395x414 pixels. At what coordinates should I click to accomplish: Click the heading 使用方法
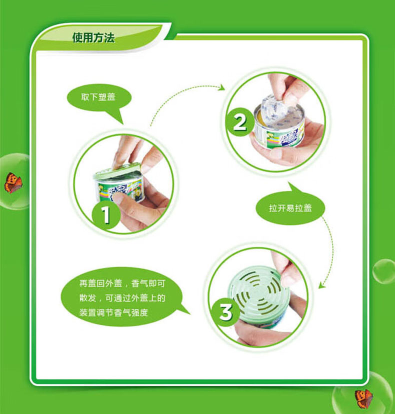tap(93, 38)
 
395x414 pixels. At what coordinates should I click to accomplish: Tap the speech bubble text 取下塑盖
tap(98, 97)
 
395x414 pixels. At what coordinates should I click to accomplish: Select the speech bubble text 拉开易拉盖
tap(290, 208)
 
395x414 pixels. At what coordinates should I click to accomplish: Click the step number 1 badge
tap(106, 214)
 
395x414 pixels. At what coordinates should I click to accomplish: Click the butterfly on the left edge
tap(12, 182)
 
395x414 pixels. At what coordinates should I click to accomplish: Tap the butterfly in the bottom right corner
tap(363, 398)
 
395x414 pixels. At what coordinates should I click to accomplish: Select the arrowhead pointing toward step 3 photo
tap(321, 285)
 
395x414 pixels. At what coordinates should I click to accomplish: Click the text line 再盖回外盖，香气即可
tap(122, 284)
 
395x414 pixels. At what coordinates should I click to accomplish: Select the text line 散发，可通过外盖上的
tap(122, 298)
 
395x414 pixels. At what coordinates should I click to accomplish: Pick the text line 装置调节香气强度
tap(113, 313)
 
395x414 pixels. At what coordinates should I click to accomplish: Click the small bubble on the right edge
tap(383, 271)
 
